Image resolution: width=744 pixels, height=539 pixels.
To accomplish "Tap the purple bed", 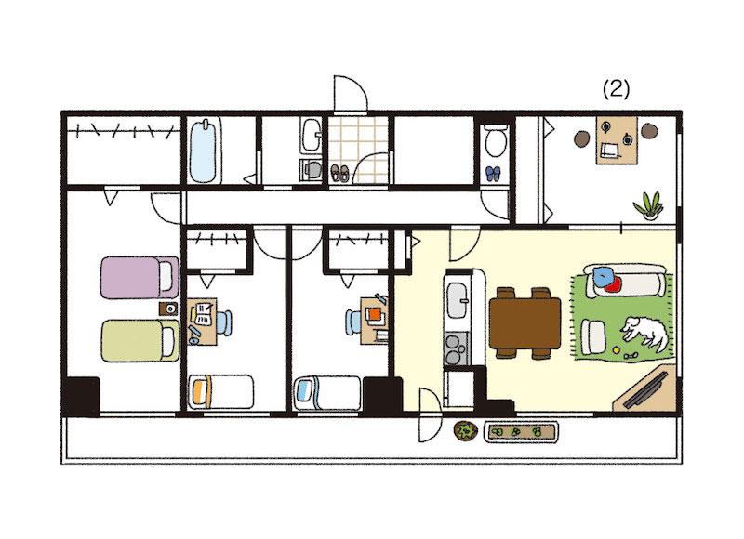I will pos(139,277).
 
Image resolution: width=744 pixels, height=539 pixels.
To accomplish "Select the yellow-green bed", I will pos(139,339).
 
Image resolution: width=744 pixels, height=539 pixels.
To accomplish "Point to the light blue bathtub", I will pos(204,151).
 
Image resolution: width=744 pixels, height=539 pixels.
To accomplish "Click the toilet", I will pos(494,143).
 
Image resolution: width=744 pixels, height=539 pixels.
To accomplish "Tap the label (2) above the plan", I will pos(617,89).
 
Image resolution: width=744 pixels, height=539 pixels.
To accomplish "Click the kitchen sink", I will pos(459,300).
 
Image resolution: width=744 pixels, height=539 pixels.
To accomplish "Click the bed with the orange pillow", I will pos(220,390).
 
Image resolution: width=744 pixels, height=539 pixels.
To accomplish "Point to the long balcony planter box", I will pos(523,431).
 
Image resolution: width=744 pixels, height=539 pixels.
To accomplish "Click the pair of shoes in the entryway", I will pos(339,172).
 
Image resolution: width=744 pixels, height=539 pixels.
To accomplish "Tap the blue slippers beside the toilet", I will pos(493,172).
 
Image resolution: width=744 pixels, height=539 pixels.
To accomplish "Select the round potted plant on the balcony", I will pos(464,430).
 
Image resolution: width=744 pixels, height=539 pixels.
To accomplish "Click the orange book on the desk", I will pos(375,314).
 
